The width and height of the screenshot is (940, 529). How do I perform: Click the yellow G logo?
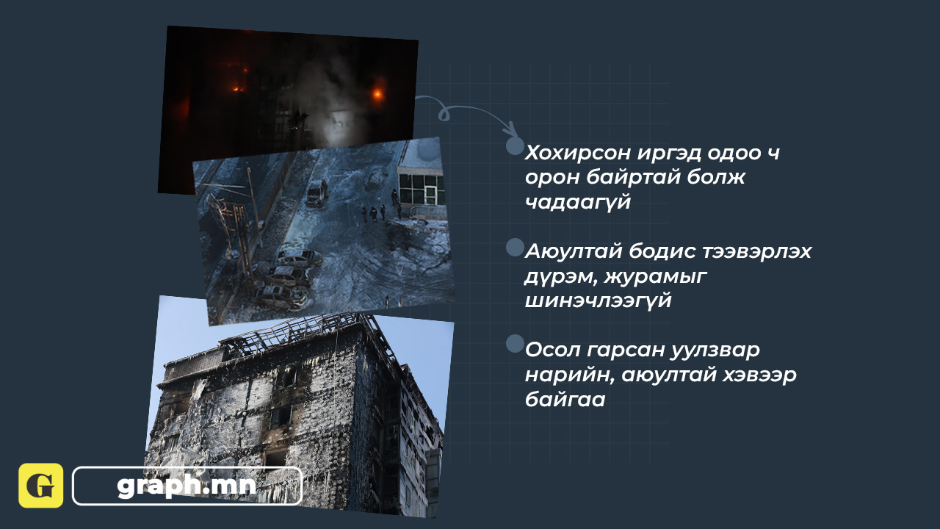(x=40, y=486)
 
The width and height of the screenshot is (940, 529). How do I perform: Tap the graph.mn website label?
(x=187, y=486)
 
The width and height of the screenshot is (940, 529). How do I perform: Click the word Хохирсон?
(x=578, y=153)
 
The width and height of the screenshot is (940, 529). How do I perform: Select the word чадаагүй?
(x=578, y=202)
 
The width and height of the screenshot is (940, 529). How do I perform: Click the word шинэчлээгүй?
(x=598, y=301)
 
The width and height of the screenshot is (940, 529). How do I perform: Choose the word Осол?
(x=552, y=350)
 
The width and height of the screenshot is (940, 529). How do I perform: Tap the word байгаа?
(x=565, y=399)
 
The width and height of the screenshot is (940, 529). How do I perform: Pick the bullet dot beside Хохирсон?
(x=516, y=145)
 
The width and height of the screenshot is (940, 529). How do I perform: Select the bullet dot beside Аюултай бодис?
(x=516, y=248)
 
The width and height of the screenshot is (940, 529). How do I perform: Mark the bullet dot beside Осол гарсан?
(x=516, y=343)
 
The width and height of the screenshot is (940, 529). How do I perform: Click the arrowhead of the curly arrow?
(x=511, y=129)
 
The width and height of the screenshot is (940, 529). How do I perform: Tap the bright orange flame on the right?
(x=377, y=93)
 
